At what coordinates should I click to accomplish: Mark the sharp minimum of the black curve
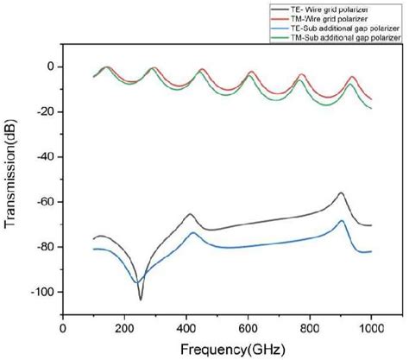click(x=141, y=299)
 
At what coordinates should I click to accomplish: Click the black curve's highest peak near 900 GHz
click(x=341, y=193)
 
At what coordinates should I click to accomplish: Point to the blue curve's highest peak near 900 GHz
click(x=342, y=221)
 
